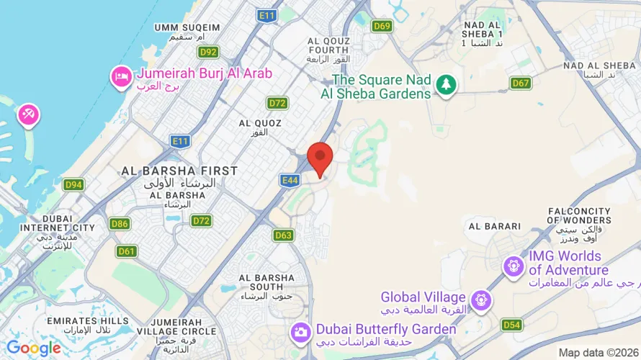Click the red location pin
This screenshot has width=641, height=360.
pos(320,157)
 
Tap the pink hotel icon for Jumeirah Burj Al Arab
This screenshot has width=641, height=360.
pos(120,75)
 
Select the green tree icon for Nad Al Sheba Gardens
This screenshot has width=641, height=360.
pos(447,84)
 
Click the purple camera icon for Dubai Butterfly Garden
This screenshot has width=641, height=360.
pos(300,331)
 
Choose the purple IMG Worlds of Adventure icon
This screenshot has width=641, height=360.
pos(514,264)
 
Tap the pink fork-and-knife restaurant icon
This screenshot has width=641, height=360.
pos(29,114)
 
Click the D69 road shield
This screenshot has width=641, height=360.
pos(382,27)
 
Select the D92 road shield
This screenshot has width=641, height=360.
pos(208,52)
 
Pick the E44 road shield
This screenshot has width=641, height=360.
pos(290,181)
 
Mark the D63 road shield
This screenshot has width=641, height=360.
pos(284,235)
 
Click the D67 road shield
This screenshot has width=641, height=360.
pos(521,83)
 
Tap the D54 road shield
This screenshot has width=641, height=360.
pos(511,325)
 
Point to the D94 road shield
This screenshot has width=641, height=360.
pos(73,185)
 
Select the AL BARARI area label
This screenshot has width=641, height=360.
pos(494,226)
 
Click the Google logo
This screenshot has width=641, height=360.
pos(34,348)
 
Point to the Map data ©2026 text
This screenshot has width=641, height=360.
pos(599,352)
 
